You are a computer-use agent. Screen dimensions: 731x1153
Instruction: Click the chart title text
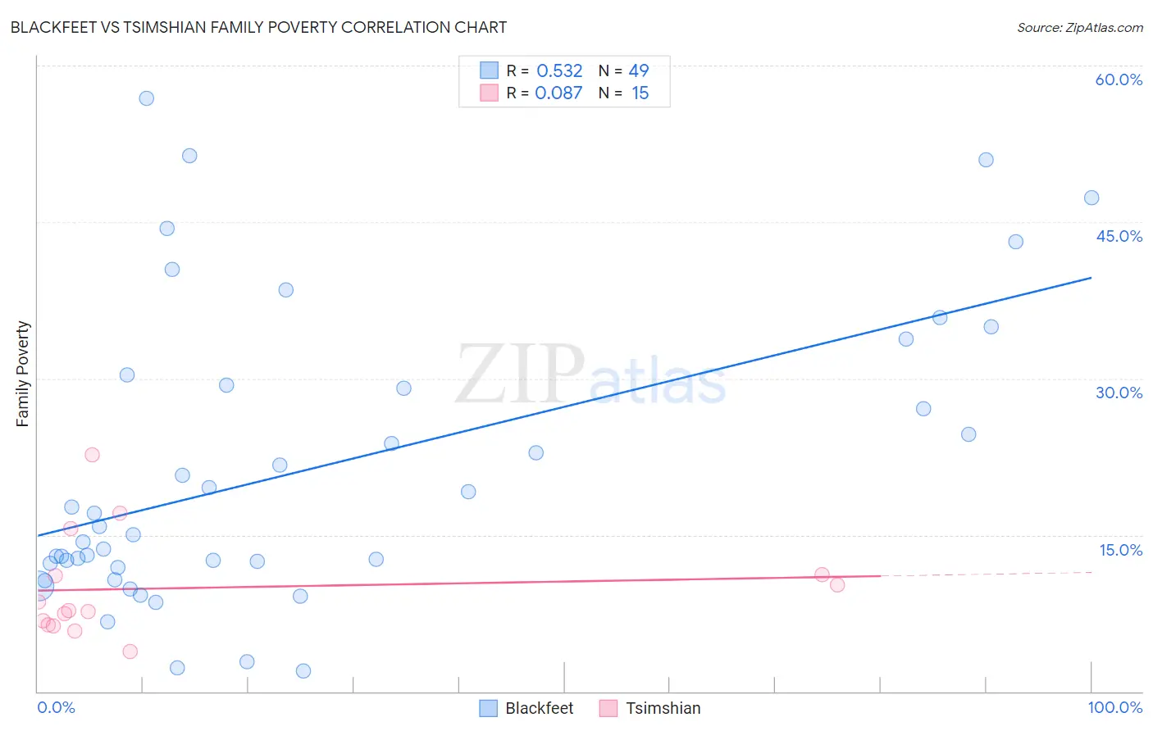[258, 27]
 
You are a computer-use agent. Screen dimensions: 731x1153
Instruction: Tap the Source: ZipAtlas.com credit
[1079, 27]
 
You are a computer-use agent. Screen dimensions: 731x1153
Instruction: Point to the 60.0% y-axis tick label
[1119, 79]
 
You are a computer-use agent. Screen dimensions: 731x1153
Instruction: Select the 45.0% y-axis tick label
[1119, 236]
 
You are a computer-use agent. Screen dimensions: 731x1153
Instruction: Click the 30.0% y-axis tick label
[1119, 393]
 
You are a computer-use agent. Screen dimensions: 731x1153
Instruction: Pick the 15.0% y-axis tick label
[1120, 550]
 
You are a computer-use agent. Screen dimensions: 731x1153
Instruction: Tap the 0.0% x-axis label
[56, 707]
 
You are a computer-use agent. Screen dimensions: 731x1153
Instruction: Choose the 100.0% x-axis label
[1114, 707]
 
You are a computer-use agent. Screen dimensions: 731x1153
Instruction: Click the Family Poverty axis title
[23, 374]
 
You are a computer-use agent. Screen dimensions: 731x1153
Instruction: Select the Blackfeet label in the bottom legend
[539, 708]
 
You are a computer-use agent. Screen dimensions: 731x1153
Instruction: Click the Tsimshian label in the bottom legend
[663, 708]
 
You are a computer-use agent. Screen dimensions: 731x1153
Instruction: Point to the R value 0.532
[559, 71]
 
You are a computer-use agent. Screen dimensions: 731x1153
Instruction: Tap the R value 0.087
[558, 93]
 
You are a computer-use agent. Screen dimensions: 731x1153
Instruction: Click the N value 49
[639, 71]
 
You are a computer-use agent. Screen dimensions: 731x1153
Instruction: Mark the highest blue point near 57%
[147, 98]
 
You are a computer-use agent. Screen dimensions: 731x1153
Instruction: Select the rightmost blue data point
[1091, 198]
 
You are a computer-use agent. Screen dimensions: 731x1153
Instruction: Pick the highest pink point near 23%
[92, 455]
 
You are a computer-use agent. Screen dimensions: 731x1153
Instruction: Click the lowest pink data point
[130, 652]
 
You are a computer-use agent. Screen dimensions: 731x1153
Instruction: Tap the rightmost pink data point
[837, 585]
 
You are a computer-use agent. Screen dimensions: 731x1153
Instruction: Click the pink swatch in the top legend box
[490, 93]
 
